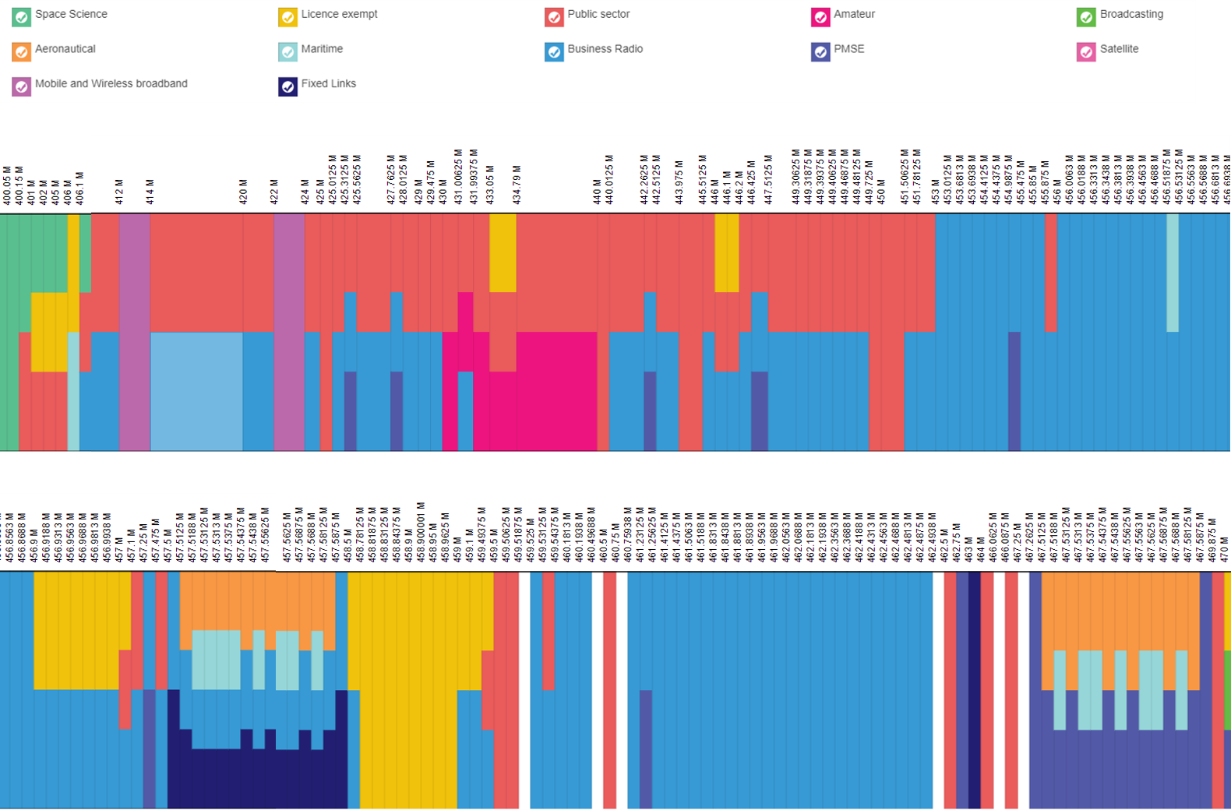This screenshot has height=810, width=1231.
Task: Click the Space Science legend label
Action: (x=71, y=14)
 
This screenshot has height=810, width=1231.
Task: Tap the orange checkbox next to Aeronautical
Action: (x=22, y=51)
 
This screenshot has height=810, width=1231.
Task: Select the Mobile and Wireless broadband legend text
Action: (x=111, y=83)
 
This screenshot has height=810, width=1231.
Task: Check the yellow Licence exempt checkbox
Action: (x=288, y=17)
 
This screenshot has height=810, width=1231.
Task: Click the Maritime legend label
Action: (x=322, y=48)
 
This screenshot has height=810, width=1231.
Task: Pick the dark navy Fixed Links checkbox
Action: (x=288, y=86)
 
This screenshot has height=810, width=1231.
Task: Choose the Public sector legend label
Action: (x=598, y=14)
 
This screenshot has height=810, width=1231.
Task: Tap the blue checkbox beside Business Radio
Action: (x=554, y=51)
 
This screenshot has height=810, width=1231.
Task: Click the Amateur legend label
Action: (x=854, y=14)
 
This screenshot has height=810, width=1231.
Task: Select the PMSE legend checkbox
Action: (x=820, y=51)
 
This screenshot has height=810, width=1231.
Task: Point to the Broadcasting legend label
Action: (x=1131, y=14)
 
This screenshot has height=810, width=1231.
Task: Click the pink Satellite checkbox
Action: (x=1086, y=51)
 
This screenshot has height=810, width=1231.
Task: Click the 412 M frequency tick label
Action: (x=119, y=192)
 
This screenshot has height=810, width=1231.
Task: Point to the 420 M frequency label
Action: (x=243, y=192)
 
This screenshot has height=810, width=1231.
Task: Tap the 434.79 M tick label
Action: (x=517, y=185)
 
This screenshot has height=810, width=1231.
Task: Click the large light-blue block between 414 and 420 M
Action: (x=196, y=391)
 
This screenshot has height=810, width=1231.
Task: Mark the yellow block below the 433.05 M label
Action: (x=503, y=253)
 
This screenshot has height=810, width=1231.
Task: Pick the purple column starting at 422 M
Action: (x=289, y=331)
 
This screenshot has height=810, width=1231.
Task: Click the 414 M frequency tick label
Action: (x=150, y=192)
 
